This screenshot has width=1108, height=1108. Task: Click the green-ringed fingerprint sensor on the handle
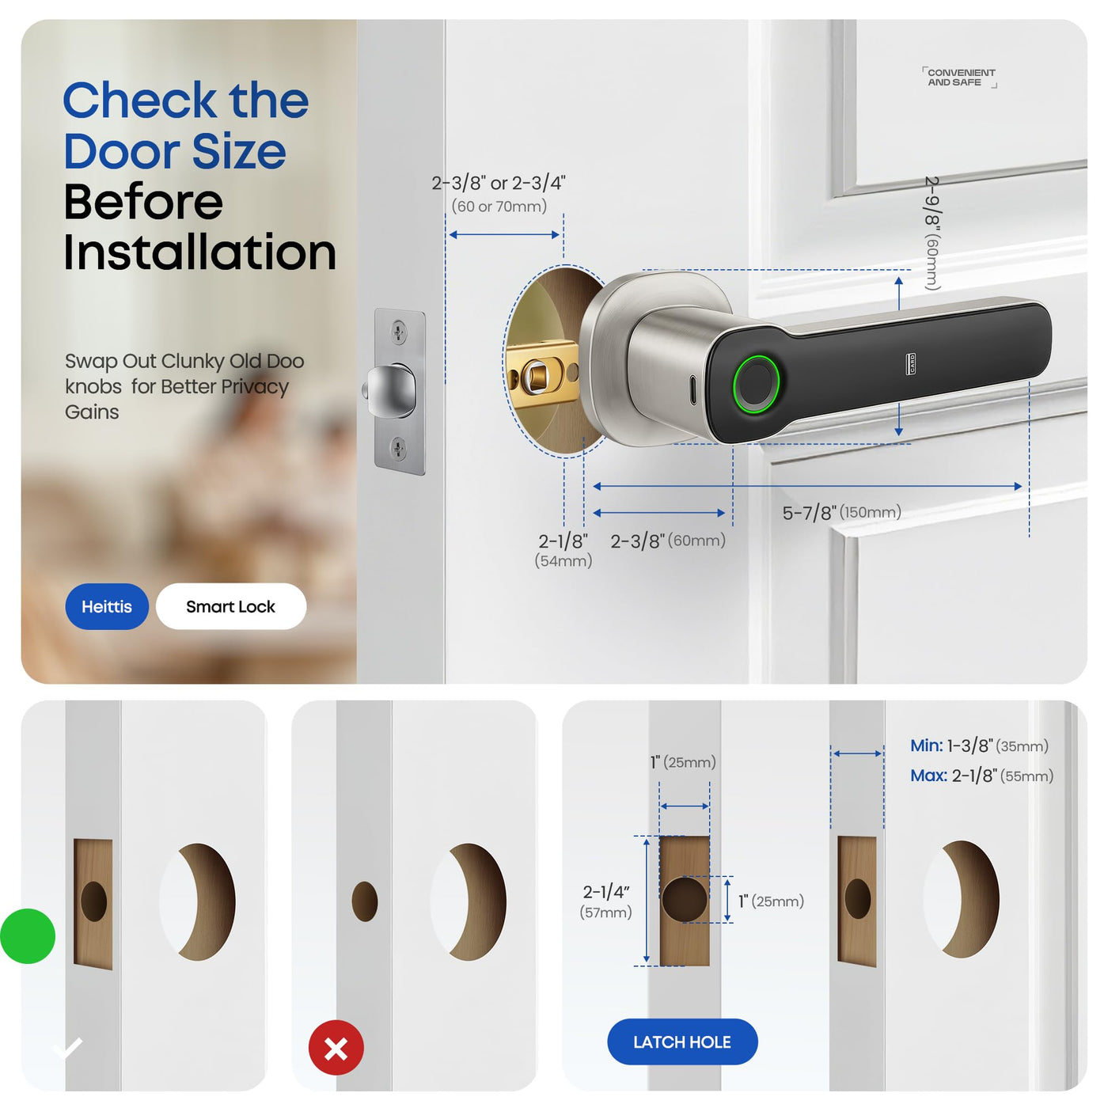[756, 384]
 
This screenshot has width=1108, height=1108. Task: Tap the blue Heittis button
[107, 606]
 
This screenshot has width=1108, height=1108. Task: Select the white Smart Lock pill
[230, 606]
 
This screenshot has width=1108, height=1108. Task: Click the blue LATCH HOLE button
[682, 1042]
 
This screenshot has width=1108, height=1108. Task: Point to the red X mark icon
[336, 1047]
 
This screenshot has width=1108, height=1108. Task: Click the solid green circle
[28, 936]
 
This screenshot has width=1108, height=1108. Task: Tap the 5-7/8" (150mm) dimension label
[841, 512]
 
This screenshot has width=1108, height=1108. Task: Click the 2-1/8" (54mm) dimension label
[563, 550]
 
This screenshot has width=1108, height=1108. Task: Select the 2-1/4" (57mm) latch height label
[606, 901]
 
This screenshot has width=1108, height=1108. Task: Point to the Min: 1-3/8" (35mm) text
[979, 746]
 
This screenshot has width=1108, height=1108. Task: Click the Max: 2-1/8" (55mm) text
[981, 776]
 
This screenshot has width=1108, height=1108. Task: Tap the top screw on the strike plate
[399, 331]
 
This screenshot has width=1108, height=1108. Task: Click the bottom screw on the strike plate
[399, 447]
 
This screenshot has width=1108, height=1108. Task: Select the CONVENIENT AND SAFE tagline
[960, 78]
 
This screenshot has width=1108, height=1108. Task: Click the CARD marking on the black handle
[912, 363]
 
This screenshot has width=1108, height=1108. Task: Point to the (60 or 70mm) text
[499, 206]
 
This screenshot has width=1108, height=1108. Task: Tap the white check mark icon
[68, 1048]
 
